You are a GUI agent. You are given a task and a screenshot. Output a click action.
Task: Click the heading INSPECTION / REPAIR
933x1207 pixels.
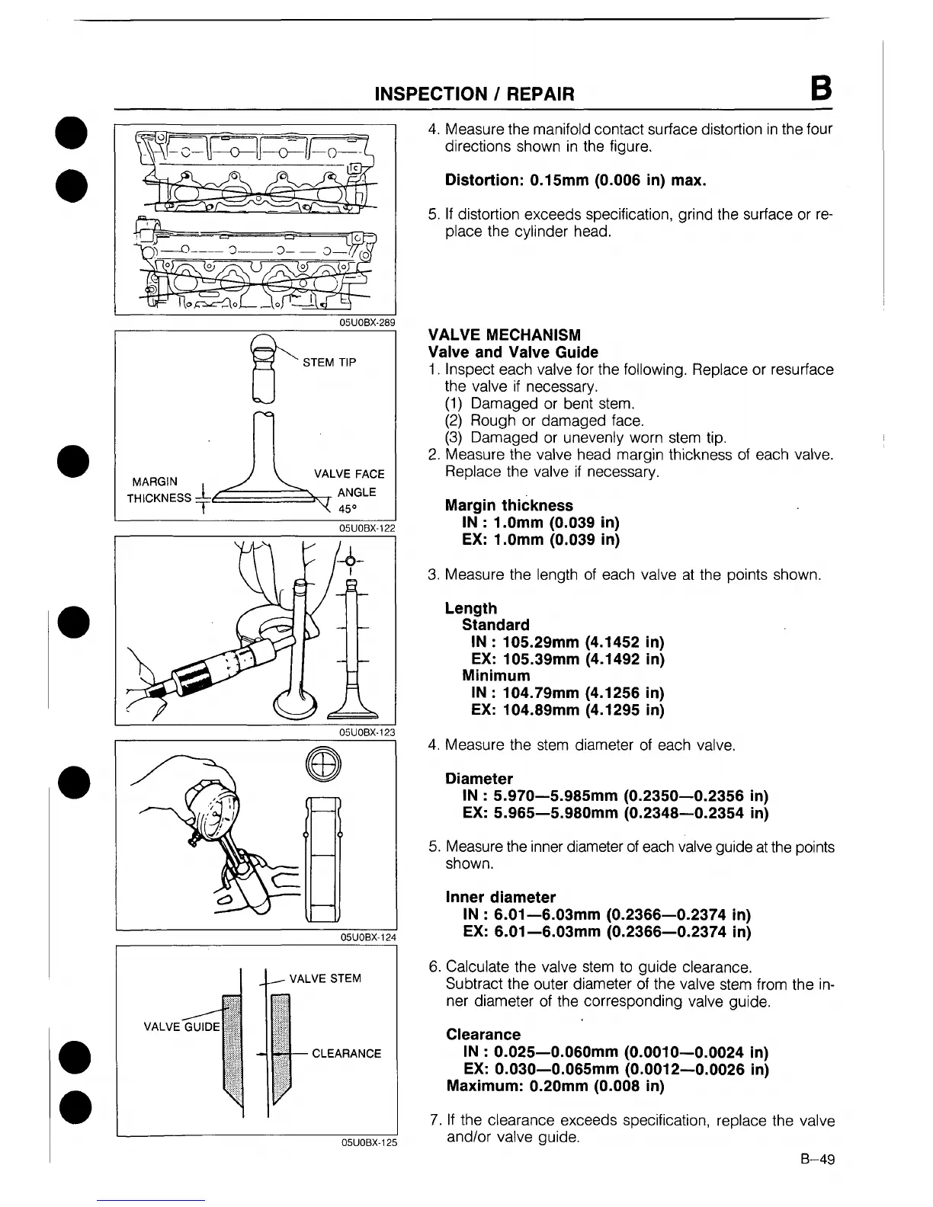click(x=473, y=94)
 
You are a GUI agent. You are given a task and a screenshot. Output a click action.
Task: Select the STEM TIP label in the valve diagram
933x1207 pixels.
click(x=329, y=362)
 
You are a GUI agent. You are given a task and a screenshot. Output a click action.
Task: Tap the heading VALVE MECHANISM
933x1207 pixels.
click(x=505, y=335)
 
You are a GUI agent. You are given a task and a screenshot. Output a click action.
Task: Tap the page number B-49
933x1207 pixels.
click(x=818, y=1160)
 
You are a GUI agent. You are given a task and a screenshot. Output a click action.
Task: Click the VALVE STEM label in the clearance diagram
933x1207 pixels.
click(x=325, y=978)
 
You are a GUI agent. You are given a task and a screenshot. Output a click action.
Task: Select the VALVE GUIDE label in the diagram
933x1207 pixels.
click(x=181, y=1025)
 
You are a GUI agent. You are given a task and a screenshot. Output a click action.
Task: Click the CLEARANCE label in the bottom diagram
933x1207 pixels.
click(x=346, y=1054)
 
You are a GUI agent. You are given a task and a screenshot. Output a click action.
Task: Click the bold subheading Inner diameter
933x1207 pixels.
click(x=500, y=897)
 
